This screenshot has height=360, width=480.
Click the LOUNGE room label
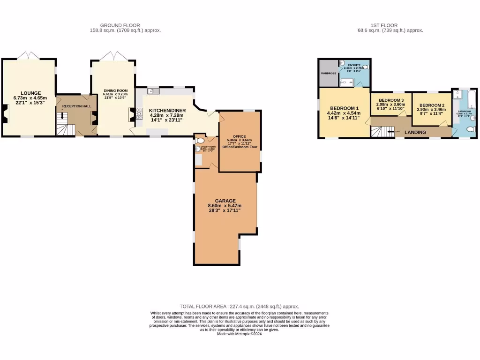(x=30, y=93)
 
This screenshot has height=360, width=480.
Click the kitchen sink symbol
(x=150, y=91)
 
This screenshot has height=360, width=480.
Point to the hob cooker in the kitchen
(x=139, y=115)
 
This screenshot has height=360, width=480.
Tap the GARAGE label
(x=225, y=201)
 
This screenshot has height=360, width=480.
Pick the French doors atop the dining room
(x=113, y=56)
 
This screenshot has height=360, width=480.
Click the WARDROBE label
(x=327, y=74)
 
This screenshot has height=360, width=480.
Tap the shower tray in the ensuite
(x=346, y=82)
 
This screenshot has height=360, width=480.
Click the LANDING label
(x=415, y=132)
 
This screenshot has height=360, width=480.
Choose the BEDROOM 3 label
(x=391, y=100)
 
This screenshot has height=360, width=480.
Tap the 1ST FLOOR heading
(x=384, y=25)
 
